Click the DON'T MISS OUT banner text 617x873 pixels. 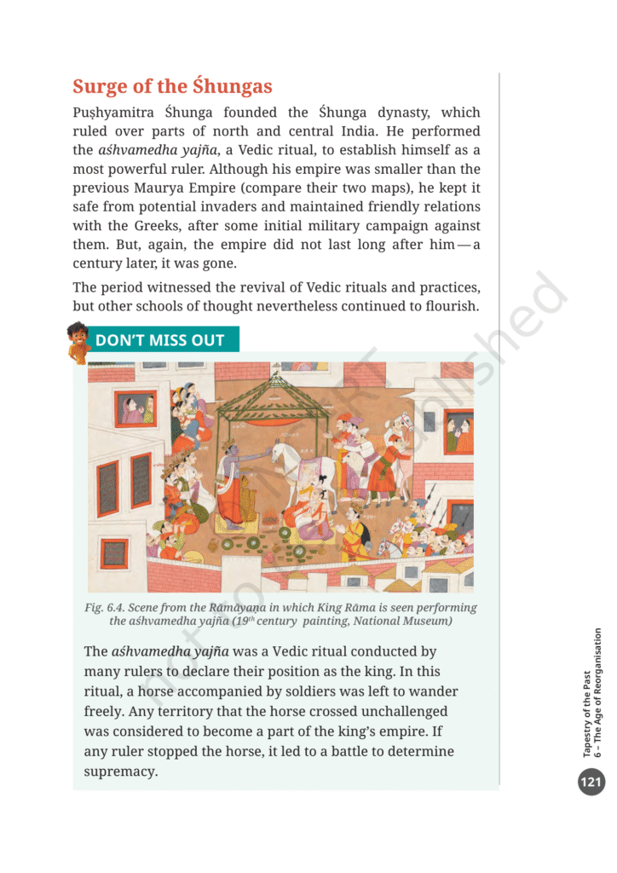[159, 340]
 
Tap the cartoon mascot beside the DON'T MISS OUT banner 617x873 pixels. [78, 341]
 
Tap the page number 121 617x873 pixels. [590, 780]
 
